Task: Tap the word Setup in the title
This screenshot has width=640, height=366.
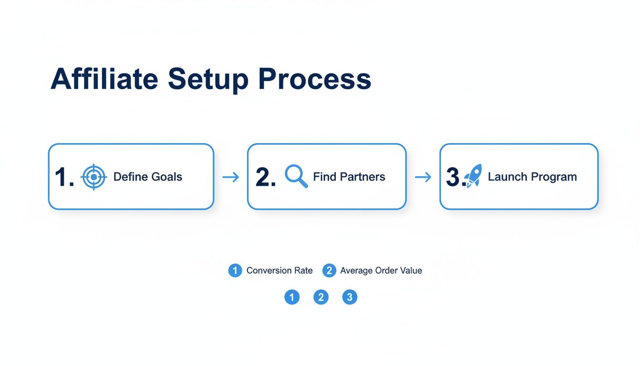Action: [x=208, y=80]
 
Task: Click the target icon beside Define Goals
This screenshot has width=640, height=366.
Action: [x=94, y=177]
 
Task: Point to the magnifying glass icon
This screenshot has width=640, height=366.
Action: [x=296, y=176]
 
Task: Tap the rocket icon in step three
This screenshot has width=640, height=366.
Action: [x=474, y=176]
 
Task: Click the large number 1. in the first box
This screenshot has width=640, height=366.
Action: [x=64, y=177]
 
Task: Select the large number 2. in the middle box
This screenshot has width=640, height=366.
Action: [x=265, y=177]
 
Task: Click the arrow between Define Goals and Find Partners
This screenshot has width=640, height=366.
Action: [x=230, y=177]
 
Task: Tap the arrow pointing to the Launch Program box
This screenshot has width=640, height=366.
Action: [x=423, y=177]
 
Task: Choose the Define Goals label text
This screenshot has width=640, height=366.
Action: [x=148, y=177]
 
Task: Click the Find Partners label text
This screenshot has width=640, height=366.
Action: [x=349, y=177]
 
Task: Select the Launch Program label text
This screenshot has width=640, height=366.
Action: [x=532, y=177]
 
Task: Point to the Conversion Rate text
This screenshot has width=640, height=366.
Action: [x=280, y=271]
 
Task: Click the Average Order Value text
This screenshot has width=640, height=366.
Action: [x=381, y=271]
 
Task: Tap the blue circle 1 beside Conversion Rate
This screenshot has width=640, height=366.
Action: [x=235, y=271]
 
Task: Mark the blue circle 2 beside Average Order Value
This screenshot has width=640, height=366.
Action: [x=329, y=271]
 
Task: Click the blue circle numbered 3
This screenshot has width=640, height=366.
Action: [x=350, y=297]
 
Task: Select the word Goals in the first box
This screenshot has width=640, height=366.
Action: [x=167, y=177]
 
